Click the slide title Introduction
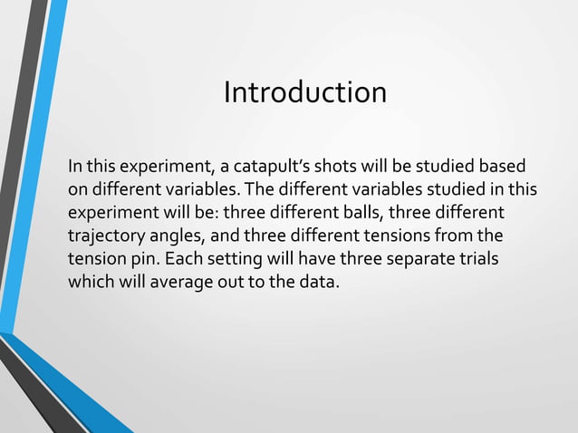click(x=304, y=92)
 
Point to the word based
click(x=504, y=168)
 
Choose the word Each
click(x=172, y=258)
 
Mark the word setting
click(x=217, y=258)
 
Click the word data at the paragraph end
click(x=318, y=281)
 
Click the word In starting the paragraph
click(x=76, y=168)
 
